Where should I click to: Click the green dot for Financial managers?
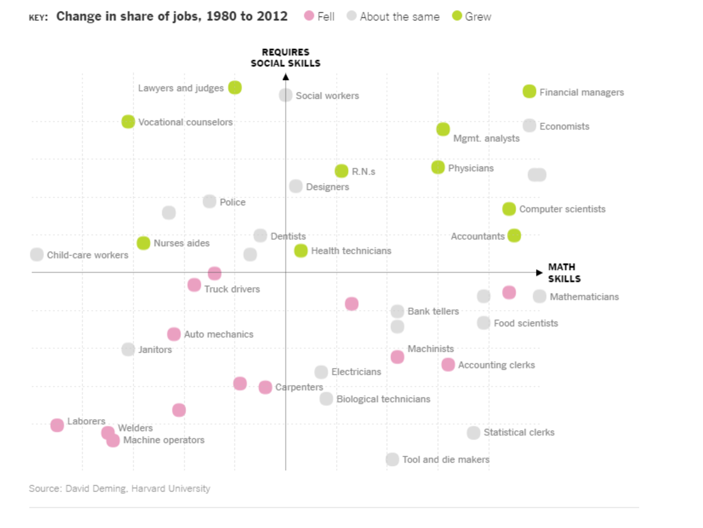pyautogui.click(x=529, y=92)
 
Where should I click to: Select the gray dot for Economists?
pyautogui.click(x=529, y=125)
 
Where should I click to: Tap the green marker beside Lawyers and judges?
pyautogui.click(x=235, y=87)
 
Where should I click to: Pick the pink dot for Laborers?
pyautogui.click(x=57, y=425)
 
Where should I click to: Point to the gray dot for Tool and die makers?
pyautogui.click(x=392, y=459)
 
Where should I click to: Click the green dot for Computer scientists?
pyautogui.click(x=509, y=209)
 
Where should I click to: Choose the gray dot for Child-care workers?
pyautogui.click(x=37, y=255)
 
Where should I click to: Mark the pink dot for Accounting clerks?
pyautogui.click(x=448, y=365)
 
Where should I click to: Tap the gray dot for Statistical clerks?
pyautogui.click(x=474, y=433)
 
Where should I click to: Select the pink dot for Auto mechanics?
pyautogui.click(x=174, y=334)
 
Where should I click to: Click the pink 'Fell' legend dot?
pyautogui.click(x=309, y=16)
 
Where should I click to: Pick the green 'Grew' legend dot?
pyautogui.click(x=457, y=16)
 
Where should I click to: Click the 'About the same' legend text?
pyautogui.click(x=399, y=17)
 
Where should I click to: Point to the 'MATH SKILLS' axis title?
pyautogui.click(x=564, y=273)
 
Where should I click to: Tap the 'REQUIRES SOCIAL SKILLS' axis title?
pyautogui.click(x=285, y=58)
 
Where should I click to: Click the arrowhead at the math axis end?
pyautogui.click(x=539, y=272)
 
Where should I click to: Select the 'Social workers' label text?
pyautogui.click(x=327, y=96)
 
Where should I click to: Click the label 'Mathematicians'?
pyautogui.click(x=584, y=297)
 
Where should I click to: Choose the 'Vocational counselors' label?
pyautogui.click(x=185, y=122)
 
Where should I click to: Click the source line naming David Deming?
pyautogui.click(x=119, y=489)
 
